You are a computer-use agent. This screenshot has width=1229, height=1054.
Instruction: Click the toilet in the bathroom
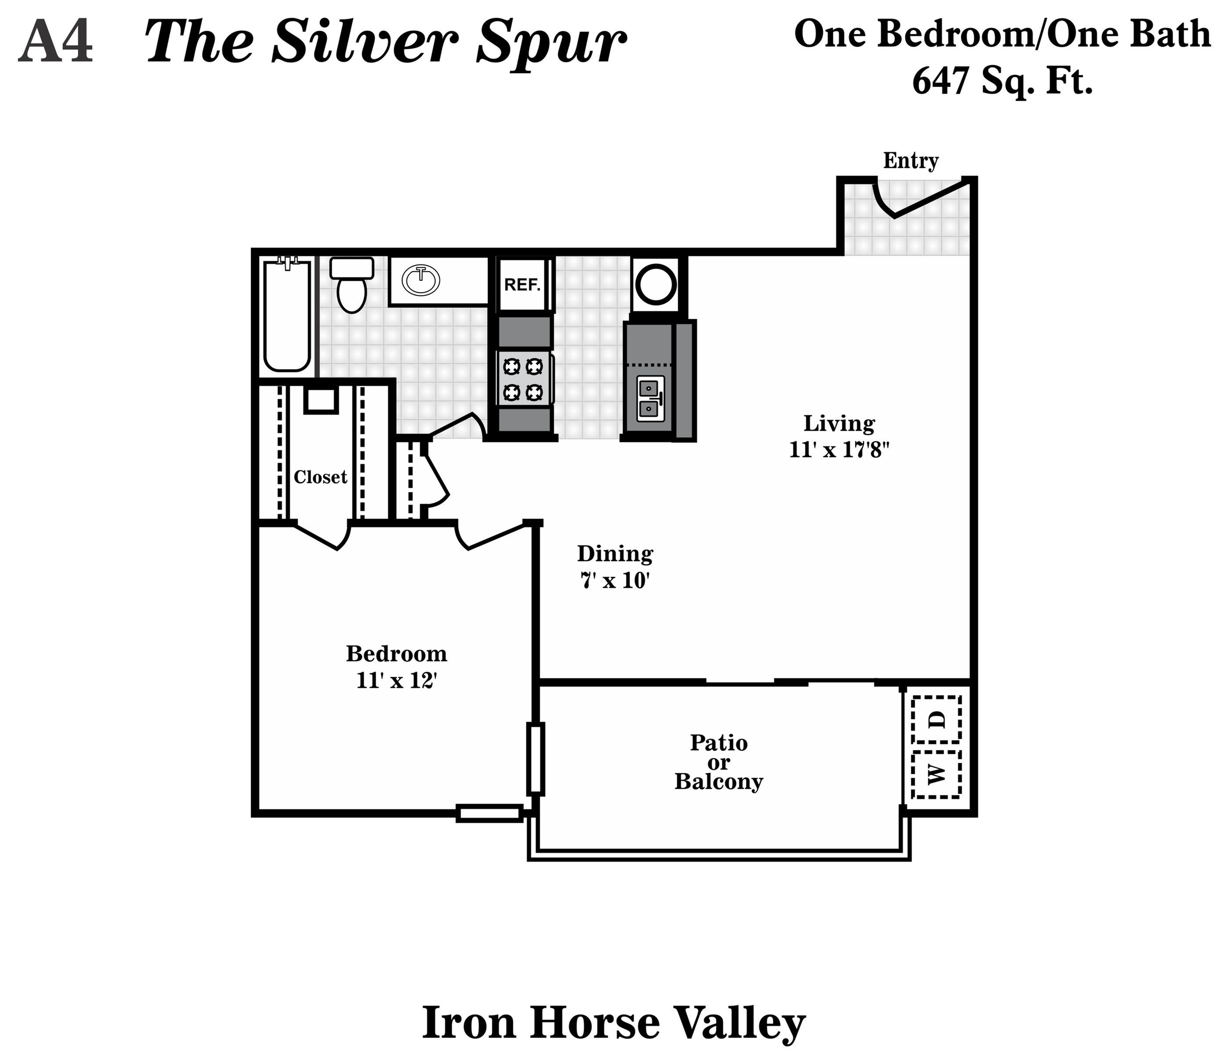click(x=351, y=286)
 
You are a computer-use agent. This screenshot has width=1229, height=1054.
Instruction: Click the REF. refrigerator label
click(x=522, y=285)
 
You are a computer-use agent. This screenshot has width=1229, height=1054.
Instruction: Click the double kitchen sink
click(x=650, y=398)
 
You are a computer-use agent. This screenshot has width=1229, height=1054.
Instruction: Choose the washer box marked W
click(x=936, y=774)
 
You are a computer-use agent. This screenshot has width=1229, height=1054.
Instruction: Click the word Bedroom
click(x=396, y=654)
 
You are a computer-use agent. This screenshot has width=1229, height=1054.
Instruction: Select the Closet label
click(x=320, y=477)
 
